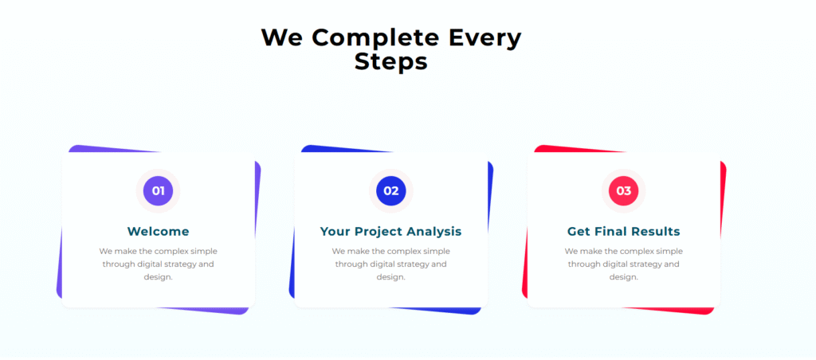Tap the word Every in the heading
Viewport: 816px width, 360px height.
[477, 38]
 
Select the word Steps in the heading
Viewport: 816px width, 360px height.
[390, 62]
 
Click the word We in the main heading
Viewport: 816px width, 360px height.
[281, 37]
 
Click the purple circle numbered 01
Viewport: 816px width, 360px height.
[159, 191]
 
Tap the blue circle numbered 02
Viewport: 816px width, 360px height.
[390, 191]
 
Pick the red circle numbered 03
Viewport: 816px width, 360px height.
[623, 191]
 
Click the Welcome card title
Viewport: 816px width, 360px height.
[159, 231]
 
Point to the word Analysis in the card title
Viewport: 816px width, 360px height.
[434, 232]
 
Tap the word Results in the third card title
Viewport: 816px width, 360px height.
[653, 231]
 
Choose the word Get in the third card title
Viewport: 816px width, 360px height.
[579, 231]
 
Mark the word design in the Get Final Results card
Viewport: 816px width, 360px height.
[623, 277]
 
